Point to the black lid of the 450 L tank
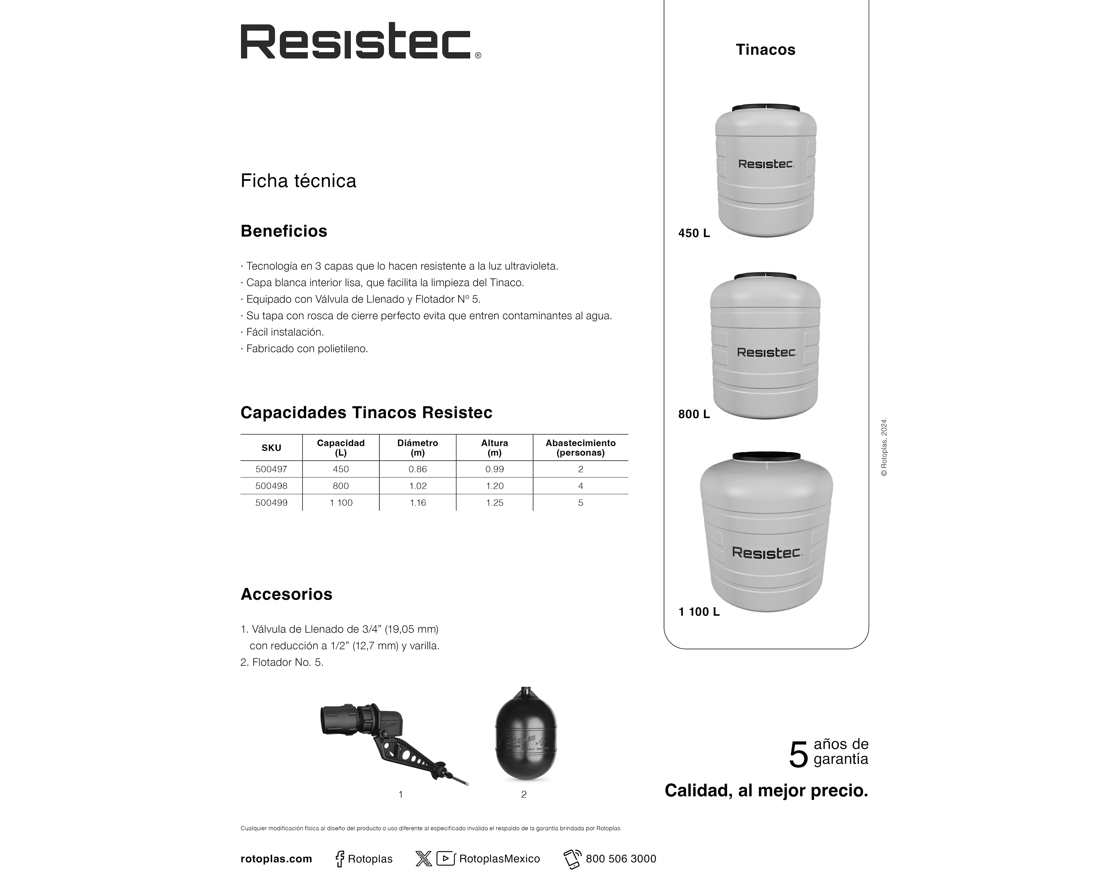766,108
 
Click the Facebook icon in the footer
340,859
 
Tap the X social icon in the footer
423,859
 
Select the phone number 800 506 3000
621,859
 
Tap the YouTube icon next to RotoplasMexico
445,859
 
